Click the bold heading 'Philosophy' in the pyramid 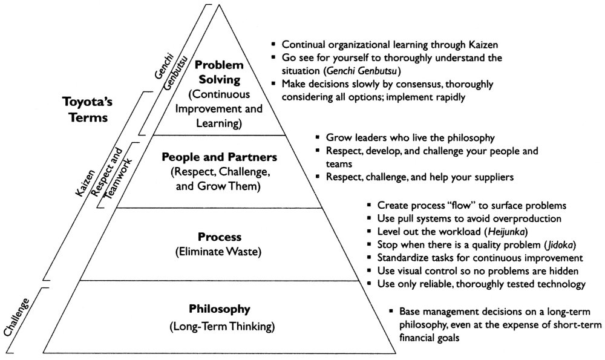[x=219, y=309]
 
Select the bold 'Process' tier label [x=219, y=237]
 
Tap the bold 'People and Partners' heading [x=219, y=157]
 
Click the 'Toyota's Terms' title [x=88, y=109]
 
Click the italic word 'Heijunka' [x=506, y=232]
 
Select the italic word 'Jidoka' [x=560, y=245]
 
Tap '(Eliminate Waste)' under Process [x=218, y=252]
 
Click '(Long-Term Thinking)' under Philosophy [x=222, y=327]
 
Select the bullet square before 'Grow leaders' [x=318, y=137]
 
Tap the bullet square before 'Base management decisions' [x=391, y=310]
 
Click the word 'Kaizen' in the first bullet [x=483, y=45]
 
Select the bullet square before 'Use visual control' [x=369, y=270]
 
